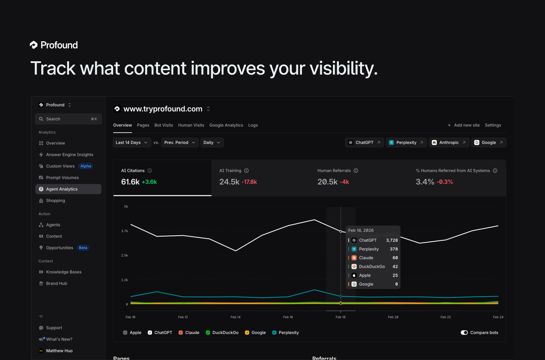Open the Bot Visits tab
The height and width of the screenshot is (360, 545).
click(163, 125)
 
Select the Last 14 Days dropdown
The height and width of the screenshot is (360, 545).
click(132, 143)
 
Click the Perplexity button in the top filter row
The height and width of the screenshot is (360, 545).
click(406, 143)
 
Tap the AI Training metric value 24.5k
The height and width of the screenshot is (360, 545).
click(229, 182)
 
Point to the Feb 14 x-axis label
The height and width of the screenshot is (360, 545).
click(235, 317)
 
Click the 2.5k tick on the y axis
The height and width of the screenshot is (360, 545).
click(124, 255)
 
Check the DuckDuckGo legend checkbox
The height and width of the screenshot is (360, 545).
click(208, 333)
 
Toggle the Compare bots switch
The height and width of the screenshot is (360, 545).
click(464, 333)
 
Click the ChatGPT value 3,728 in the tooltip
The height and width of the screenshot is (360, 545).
click(392, 240)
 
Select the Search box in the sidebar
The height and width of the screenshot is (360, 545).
click(68, 119)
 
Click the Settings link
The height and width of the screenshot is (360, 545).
click(493, 125)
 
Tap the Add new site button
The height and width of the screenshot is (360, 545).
click(464, 125)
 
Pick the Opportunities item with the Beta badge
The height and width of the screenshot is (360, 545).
click(60, 248)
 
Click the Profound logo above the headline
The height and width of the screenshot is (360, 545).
click(54, 45)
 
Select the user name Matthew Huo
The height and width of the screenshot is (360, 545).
click(59, 351)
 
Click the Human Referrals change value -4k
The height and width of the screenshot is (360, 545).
click(344, 182)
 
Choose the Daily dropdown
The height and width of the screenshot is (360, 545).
click(212, 143)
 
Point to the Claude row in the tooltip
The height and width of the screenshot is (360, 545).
click(373, 258)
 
